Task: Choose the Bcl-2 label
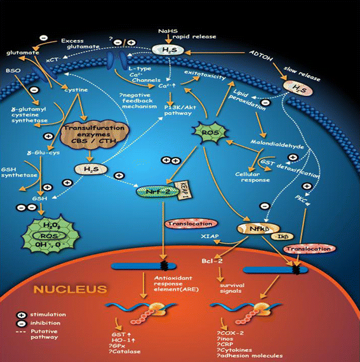coord(220,260)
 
